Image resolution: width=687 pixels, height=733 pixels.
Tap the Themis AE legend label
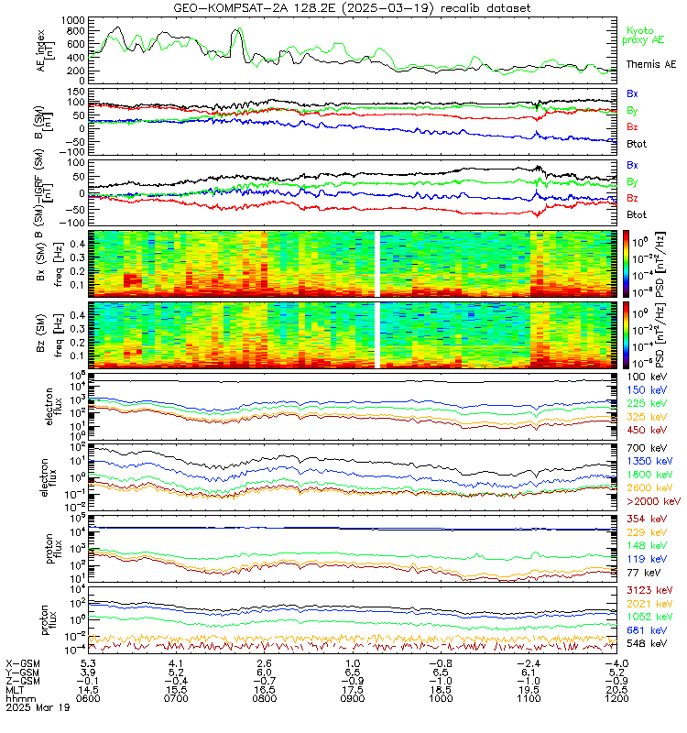point(651,65)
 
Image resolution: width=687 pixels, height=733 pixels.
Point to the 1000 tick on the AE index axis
point(74,19)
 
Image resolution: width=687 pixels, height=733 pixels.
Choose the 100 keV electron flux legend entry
point(645,377)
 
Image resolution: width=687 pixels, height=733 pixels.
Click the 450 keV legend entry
point(645,429)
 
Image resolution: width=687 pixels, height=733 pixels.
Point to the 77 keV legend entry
point(642,572)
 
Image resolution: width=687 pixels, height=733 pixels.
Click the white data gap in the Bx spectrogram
point(376,262)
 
